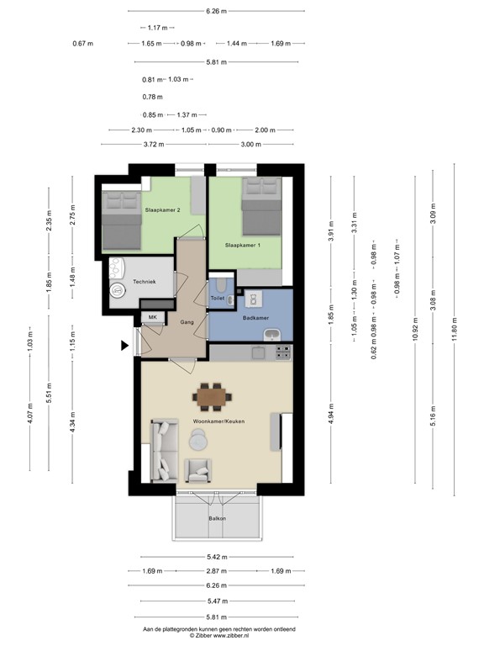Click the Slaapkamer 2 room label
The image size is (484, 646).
163,209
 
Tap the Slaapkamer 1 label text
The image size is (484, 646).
243,245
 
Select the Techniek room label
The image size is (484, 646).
145,283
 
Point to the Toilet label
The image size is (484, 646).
217,299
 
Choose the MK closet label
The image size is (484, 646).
152,317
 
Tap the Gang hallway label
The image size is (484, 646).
187,321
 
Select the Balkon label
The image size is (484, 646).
218,518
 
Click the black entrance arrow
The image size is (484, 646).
125,344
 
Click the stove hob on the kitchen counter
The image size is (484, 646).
283,352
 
